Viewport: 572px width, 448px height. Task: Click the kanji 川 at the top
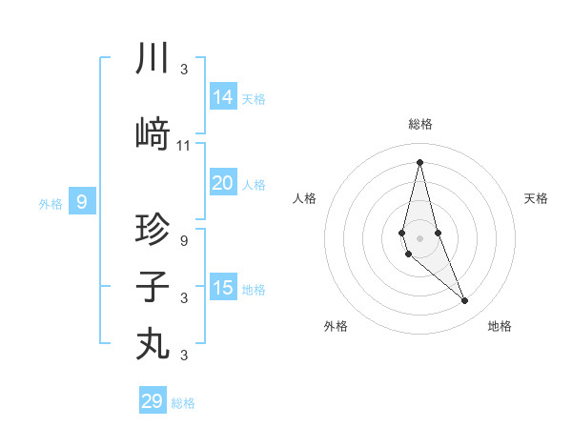pyautogui.click(x=153, y=60)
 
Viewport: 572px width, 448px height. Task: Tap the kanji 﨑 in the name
pyautogui.click(x=153, y=134)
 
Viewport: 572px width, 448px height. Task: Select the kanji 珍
pyautogui.click(x=153, y=230)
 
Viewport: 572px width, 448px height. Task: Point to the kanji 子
pyautogui.click(x=153, y=287)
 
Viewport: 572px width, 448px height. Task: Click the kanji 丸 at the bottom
pyautogui.click(x=153, y=343)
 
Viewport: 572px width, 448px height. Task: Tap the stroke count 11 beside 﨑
pyautogui.click(x=184, y=146)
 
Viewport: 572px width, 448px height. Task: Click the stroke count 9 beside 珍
pyautogui.click(x=184, y=241)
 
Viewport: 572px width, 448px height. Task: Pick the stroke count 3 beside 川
pyautogui.click(x=184, y=70)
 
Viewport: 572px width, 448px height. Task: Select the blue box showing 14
pyautogui.click(x=223, y=97)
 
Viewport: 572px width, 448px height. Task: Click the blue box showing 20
pyautogui.click(x=223, y=183)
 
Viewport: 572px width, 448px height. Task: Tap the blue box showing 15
pyautogui.click(x=223, y=288)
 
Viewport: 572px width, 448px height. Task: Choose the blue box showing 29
pyautogui.click(x=153, y=401)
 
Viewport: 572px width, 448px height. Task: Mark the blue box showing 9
pyautogui.click(x=82, y=202)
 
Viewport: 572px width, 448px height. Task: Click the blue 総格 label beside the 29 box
pyautogui.click(x=183, y=403)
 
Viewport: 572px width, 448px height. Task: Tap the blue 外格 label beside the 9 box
pyautogui.click(x=51, y=203)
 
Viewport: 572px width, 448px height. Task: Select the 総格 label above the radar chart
pyautogui.click(x=419, y=124)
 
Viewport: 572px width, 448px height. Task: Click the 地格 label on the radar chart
pyautogui.click(x=500, y=326)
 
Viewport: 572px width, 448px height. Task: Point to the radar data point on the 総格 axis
pyautogui.click(x=419, y=162)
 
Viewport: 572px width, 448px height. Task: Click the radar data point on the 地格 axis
pyautogui.click(x=464, y=300)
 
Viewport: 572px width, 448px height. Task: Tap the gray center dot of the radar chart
pyautogui.click(x=419, y=237)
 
